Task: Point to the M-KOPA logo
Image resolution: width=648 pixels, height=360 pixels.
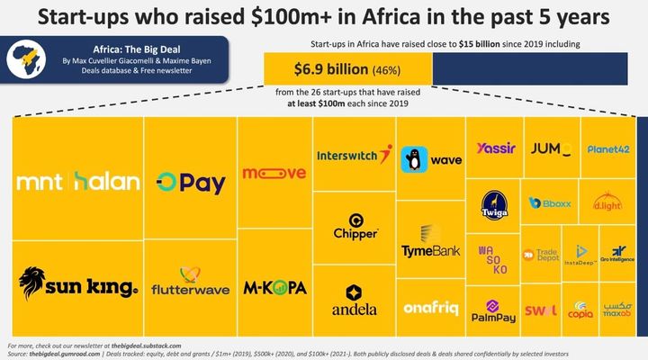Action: pyautogui.click(x=274, y=288)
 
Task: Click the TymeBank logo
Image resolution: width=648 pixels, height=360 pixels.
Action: pyautogui.click(x=429, y=244)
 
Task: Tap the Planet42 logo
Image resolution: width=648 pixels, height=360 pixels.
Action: pyautogui.click(x=607, y=148)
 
